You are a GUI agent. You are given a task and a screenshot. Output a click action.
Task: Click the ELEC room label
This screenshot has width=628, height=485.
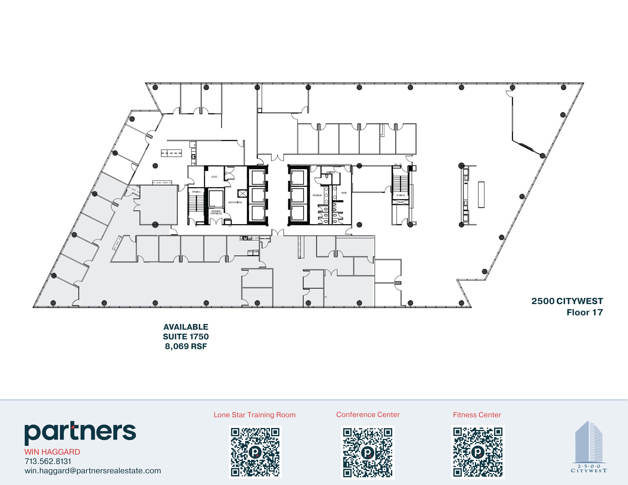coord(214,177)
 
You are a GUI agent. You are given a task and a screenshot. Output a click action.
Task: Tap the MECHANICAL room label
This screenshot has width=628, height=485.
coord(235,202)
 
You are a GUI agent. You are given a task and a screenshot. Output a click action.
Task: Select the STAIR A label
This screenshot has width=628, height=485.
coord(196,192)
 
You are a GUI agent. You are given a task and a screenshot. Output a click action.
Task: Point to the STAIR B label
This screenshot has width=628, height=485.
coord(400,195)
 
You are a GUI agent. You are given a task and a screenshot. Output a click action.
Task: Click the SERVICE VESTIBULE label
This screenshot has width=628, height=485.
coord(216,212)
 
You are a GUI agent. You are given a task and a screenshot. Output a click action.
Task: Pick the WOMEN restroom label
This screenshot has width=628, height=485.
coord(317,195)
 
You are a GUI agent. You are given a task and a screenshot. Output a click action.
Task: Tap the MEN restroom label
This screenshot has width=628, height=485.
coord(344,193)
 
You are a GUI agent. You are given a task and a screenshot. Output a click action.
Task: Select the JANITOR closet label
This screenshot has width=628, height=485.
coord(330,172)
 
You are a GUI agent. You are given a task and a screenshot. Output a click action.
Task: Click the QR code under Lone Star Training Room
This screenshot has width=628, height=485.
coord(255,452)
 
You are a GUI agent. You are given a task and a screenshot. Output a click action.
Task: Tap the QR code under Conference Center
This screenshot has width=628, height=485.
coord(368,452)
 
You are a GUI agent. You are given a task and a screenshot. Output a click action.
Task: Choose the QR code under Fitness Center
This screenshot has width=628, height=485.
coord(478,452)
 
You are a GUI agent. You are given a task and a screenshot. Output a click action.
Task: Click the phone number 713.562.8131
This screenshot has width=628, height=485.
coord(48,461)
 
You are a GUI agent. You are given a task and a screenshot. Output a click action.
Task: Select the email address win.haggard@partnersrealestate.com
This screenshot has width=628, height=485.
coord(93,471)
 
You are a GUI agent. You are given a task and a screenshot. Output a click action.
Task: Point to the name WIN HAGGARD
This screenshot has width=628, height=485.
coord(52,452)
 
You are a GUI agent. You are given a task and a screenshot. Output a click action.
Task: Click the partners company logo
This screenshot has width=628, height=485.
coord(80,432)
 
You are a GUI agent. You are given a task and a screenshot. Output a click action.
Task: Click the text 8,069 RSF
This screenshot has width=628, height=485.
coord(186,346)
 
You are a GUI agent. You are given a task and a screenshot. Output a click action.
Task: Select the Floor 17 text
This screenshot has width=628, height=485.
coord(584,312)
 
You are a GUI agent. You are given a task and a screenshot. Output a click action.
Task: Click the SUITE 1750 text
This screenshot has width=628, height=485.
coord(186,337)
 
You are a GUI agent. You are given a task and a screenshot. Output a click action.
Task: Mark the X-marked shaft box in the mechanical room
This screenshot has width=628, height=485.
coord(242,193)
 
